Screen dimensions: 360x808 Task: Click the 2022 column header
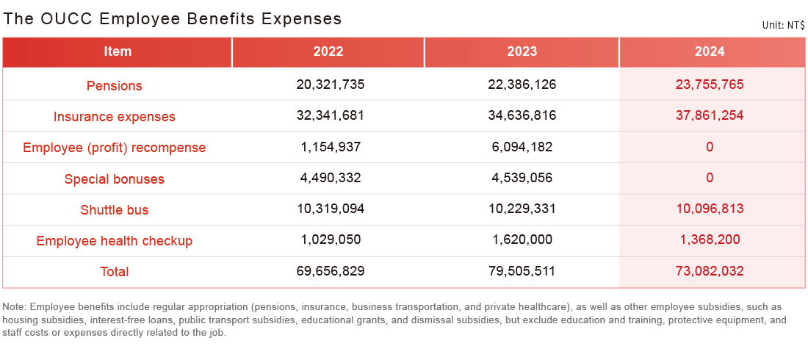coord(328,51)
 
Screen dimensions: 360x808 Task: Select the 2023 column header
coord(522,51)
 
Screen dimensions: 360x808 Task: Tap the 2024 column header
coord(710,51)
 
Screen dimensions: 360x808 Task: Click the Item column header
coord(118,51)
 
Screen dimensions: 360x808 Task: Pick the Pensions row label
coord(115,85)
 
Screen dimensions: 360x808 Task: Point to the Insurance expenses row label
coord(115,116)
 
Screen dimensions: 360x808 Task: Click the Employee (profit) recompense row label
coord(115,148)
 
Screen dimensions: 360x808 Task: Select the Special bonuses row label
coord(115,179)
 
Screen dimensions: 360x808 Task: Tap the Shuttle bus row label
coord(115,209)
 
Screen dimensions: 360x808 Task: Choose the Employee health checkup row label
coord(115,240)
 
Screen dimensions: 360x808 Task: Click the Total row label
coord(115,271)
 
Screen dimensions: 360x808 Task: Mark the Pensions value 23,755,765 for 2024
coord(710,84)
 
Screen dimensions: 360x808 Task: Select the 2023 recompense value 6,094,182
coord(522,147)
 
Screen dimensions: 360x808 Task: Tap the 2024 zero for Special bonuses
coord(710,178)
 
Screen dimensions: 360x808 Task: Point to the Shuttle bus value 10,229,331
coord(522,209)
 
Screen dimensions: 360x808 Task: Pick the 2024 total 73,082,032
coord(710,271)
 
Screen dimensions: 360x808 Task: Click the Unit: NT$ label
coord(783,25)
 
